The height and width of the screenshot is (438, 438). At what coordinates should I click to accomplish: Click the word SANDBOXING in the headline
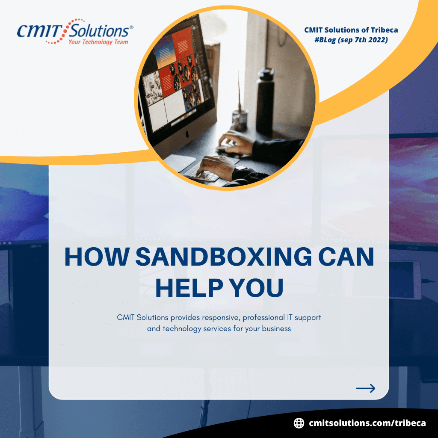[223, 257]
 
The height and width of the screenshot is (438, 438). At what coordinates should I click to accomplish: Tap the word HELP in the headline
[189, 287]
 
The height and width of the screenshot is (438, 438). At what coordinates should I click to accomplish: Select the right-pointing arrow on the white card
[365, 388]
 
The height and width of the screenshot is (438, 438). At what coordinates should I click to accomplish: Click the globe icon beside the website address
[299, 423]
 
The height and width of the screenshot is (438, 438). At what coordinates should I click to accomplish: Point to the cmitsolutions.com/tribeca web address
[367, 423]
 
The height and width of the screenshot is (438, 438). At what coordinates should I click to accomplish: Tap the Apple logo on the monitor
[187, 134]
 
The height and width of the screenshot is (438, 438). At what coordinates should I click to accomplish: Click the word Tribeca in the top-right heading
[384, 30]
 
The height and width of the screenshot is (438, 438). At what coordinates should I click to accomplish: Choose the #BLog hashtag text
[325, 40]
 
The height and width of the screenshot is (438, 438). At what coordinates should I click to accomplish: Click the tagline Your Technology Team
[98, 42]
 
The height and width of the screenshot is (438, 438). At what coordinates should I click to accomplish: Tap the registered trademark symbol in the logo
[131, 27]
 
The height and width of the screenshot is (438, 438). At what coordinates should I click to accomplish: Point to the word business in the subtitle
[277, 328]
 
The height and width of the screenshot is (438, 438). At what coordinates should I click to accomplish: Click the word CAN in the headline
[346, 257]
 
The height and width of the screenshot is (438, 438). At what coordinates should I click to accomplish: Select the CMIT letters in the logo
[40, 31]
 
